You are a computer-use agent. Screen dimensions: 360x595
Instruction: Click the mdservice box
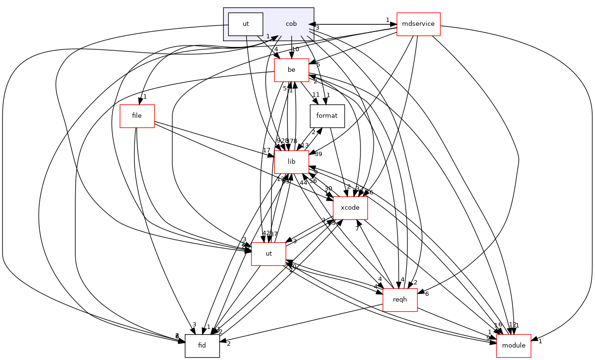pyautogui.click(x=418, y=24)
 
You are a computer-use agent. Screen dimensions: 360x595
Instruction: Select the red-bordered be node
pyautogui.click(x=291, y=70)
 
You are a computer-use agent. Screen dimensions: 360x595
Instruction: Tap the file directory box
pyautogui.click(x=137, y=116)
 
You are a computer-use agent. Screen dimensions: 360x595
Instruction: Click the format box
pyautogui.click(x=327, y=116)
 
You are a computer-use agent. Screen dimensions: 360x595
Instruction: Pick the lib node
pyautogui.click(x=291, y=162)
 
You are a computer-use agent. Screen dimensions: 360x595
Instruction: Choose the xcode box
pyautogui.click(x=350, y=208)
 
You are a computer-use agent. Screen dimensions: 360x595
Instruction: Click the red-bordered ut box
pyautogui.click(x=269, y=254)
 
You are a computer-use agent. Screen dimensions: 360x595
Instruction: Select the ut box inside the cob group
pyautogui.click(x=246, y=24)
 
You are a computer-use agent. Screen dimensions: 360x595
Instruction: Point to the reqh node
pyautogui.click(x=400, y=300)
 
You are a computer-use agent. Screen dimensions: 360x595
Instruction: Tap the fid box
pyautogui.click(x=202, y=346)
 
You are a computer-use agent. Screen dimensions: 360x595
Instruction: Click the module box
pyautogui.click(x=514, y=346)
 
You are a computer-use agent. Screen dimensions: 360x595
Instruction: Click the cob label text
pyautogui.click(x=291, y=24)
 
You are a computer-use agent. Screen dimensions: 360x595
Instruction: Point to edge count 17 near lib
pyautogui.click(x=267, y=150)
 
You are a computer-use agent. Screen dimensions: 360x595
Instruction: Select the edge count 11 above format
pyautogui.click(x=316, y=94)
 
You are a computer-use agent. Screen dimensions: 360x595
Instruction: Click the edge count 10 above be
pyautogui.click(x=295, y=50)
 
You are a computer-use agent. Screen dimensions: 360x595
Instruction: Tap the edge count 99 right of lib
pyautogui.click(x=317, y=154)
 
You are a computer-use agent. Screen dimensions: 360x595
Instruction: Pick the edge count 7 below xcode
pyautogui.click(x=357, y=228)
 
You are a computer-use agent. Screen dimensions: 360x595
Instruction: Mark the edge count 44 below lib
pyautogui.click(x=303, y=183)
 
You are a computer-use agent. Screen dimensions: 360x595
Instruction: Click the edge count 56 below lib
pyautogui.click(x=313, y=180)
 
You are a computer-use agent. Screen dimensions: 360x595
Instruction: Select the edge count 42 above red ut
pyautogui.click(x=266, y=233)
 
